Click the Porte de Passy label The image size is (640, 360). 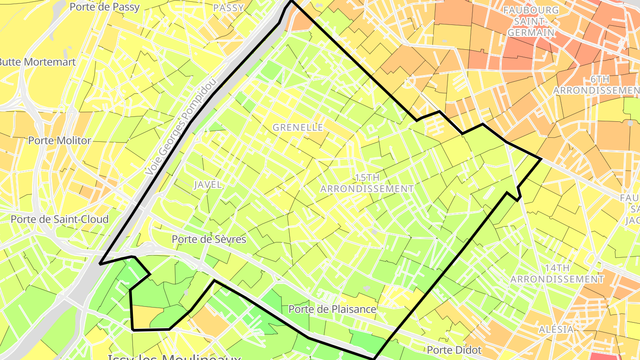click(x=105, y=7)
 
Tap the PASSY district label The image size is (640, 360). click(x=228, y=8)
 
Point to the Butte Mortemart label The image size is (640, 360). click(x=37, y=62)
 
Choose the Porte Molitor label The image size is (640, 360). click(x=60, y=140)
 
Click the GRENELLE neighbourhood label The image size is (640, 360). click(x=298, y=128)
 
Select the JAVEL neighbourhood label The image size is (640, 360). click(x=208, y=185)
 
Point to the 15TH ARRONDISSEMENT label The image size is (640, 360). click(x=367, y=183)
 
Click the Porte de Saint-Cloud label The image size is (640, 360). click(x=60, y=219)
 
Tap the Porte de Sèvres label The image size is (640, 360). click(x=209, y=239)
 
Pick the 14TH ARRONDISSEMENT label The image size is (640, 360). click(x=557, y=273)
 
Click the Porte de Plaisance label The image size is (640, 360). click(x=332, y=309)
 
